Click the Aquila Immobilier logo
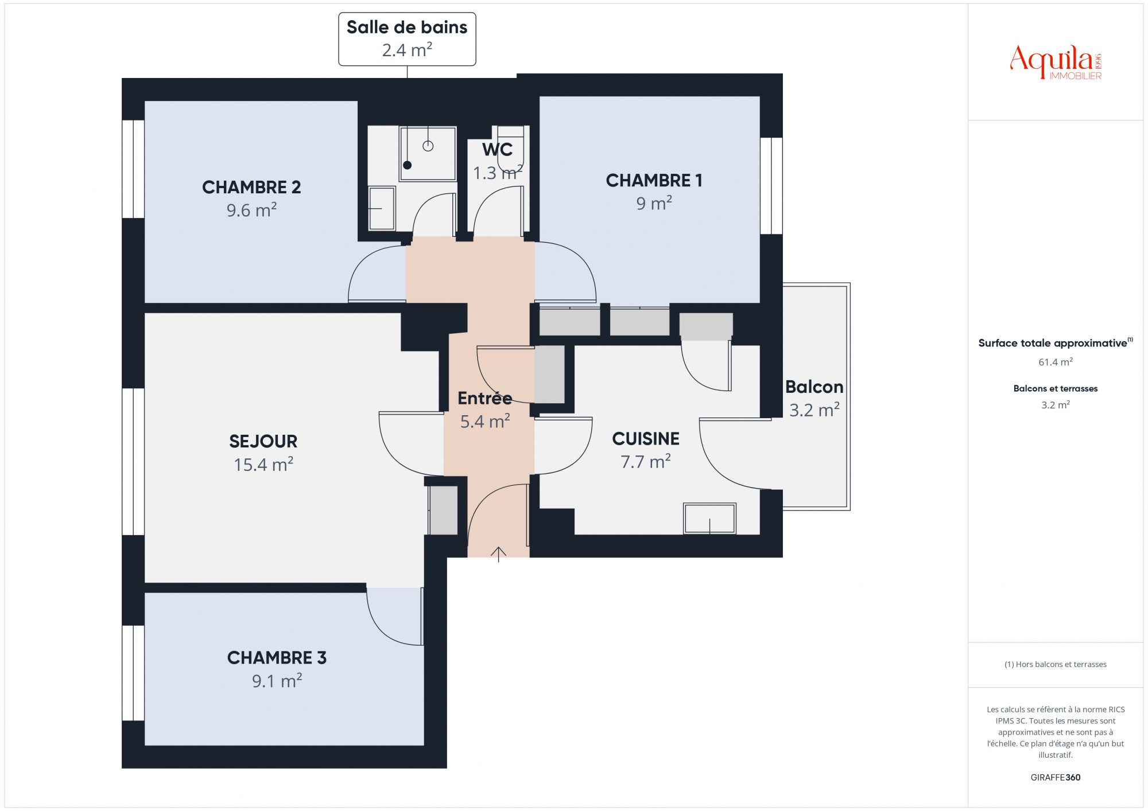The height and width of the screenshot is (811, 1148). pyautogui.click(x=1056, y=63)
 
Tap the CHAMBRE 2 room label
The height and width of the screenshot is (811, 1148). pyautogui.click(x=251, y=187)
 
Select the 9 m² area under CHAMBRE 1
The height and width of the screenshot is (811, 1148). pyautogui.click(x=654, y=203)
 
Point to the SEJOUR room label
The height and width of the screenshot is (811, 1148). pyautogui.click(x=263, y=441)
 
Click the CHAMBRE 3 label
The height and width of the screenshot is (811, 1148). pyautogui.click(x=277, y=657)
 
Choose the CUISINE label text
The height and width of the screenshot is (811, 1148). pyautogui.click(x=646, y=439)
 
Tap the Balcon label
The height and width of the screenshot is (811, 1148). pyautogui.click(x=814, y=387)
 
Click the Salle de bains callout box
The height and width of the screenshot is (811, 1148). pyautogui.click(x=407, y=39)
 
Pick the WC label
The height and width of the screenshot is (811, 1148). pyautogui.click(x=497, y=150)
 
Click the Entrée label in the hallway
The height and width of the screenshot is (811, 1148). pyautogui.click(x=485, y=397)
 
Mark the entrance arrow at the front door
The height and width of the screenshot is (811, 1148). pyautogui.click(x=498, y=554)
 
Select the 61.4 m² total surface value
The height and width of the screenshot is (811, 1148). pyautogui.click(x=1056, y=362)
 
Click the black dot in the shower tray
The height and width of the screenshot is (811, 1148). pyautogui.click(x=408, y=165)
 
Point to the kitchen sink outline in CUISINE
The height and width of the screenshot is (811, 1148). pyautogui.click(x=709, y=518)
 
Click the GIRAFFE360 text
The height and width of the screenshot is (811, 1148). pyautogui.click(x=1056, y=778)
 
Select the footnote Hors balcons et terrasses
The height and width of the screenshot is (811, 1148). pyautogui.click(x=1056, y=664)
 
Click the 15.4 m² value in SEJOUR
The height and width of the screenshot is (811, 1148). pyautogui.click(x=263, y=464)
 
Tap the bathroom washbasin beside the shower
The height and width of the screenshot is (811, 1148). pyautogui.click(x=382, y=208)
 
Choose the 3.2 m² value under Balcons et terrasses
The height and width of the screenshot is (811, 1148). pyautogui.click(x=1056, y=405)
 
